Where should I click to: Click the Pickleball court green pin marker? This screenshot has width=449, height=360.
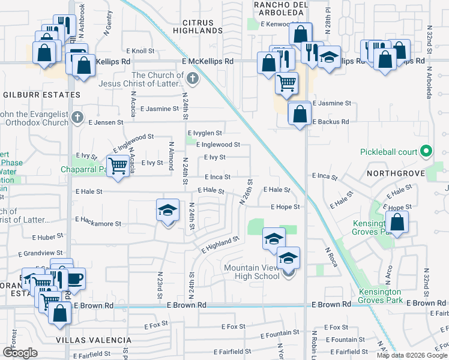click(426, 151)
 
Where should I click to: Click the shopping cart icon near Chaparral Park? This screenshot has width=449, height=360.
click(118, 166)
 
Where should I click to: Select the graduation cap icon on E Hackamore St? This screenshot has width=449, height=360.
click(168, 211)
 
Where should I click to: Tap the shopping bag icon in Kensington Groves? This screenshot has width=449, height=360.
click(398, 223)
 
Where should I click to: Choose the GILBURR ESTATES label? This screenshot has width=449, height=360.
click(42, 95)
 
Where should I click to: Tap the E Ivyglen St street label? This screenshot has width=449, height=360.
click(205, 133)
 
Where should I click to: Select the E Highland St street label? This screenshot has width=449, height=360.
click(220, 243)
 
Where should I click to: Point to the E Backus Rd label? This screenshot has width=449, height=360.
click(330, 122)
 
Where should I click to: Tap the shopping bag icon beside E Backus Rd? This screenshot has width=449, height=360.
click(299, 113)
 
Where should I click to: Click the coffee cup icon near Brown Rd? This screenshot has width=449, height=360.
click(74, 278)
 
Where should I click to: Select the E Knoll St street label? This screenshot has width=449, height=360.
click(140, 52)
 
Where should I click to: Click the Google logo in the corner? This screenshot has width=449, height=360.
click(21, 353)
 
